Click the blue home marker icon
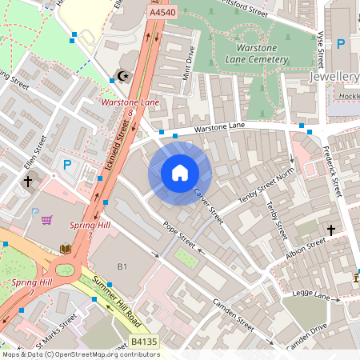[179, 173]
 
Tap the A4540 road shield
[161, 13]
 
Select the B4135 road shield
[143, 342]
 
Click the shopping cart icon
[47, 219]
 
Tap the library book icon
[65, 250]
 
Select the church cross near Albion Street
[331, 230]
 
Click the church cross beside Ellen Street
[28, 182]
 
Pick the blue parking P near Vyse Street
[341, 45]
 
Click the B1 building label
[122, 266]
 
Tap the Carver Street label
[207, 201]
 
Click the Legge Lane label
[312, 296]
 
